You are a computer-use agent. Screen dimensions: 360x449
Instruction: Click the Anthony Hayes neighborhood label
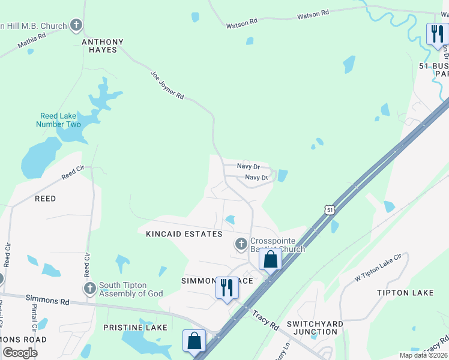coord(103,46)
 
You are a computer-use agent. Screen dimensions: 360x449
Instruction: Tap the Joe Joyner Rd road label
coord(167,85)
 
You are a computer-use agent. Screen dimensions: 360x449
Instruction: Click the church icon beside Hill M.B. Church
coord(76,25)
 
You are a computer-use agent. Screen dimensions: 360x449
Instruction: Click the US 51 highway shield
coord(328,209)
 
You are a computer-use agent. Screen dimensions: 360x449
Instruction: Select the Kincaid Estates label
coord(184,234)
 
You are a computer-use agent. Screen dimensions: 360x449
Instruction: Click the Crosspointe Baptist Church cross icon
coord(241,244)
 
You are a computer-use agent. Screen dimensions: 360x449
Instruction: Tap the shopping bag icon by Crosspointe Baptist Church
coord(270,259)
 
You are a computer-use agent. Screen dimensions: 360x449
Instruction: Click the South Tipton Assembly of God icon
coord(90,289)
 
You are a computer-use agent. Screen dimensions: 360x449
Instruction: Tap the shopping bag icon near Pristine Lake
coord(194,341)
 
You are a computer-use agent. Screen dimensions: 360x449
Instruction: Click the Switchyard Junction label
coord(315,328)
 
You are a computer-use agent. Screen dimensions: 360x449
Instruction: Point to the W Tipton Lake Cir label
coord(377,268)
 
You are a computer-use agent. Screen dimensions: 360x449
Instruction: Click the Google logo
coord(20,352)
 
